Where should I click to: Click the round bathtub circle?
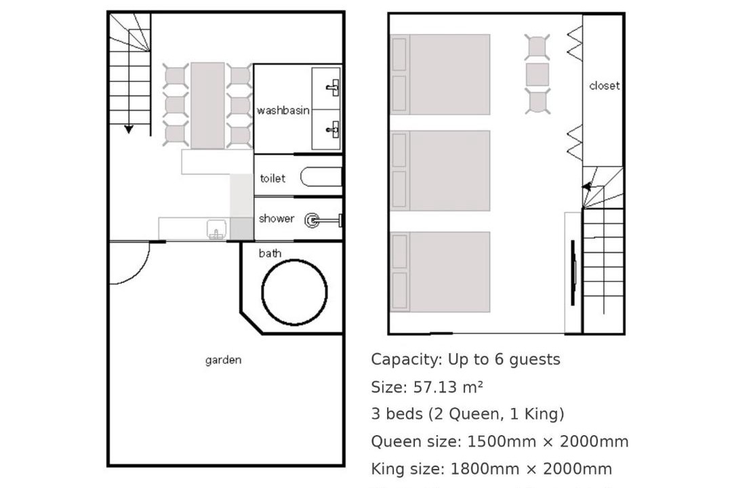[x=263, y=292]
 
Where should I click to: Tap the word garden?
[x=223, y=360]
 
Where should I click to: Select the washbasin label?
[x=283, y=110]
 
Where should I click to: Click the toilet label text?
[x=272, y=178]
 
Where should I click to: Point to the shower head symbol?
[x=312, y=220]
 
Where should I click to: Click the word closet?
[x=604, y=85]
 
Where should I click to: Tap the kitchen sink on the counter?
[x=216, y=229]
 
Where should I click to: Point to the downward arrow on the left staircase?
[x=128, y=129]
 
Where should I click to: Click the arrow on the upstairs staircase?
[x=586, y=187]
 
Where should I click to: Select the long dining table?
[x=207, y=106]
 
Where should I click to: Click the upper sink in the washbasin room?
[x=333, y=87]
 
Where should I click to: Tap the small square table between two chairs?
[x=537, y=75]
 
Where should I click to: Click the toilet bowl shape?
[x=321, y=177]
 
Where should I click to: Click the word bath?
[x=270, y=253]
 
